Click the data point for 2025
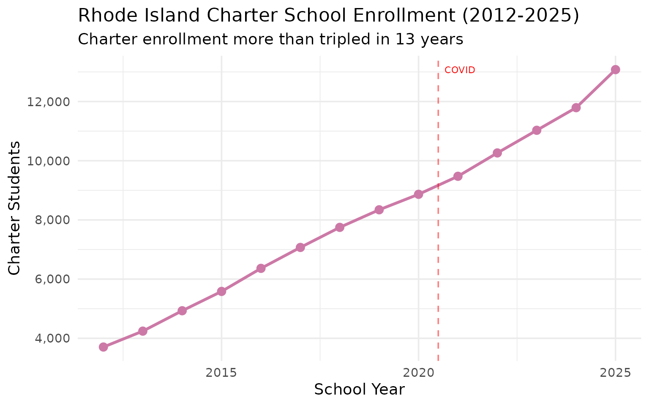pyautogui.click(x=615, y=70)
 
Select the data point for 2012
pyautogui.click(x=103, y=347)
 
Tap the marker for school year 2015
pyautogui.click(x=221, y=291)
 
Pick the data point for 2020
pyautogui.click(x=418, y=194)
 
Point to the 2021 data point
pyautogui.click(x=458, y=176)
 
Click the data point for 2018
pyautogui.click(x=340, y=228)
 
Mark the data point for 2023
pyautogui.click(x=537, y=130)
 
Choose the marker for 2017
pyautogui.click(x=300, y=247)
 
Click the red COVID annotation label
pyautogui.click(x=460, y=70)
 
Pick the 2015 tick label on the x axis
pyautogui.click(x=221, y=373)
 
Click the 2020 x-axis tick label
pyautogui.click(x=418, y=373)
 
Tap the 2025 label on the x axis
pyautogui.click(x=615, y=373)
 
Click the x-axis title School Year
pyautogui.click(x=359, y=390)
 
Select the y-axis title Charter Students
pyautogui.click(x=14, y=208)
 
